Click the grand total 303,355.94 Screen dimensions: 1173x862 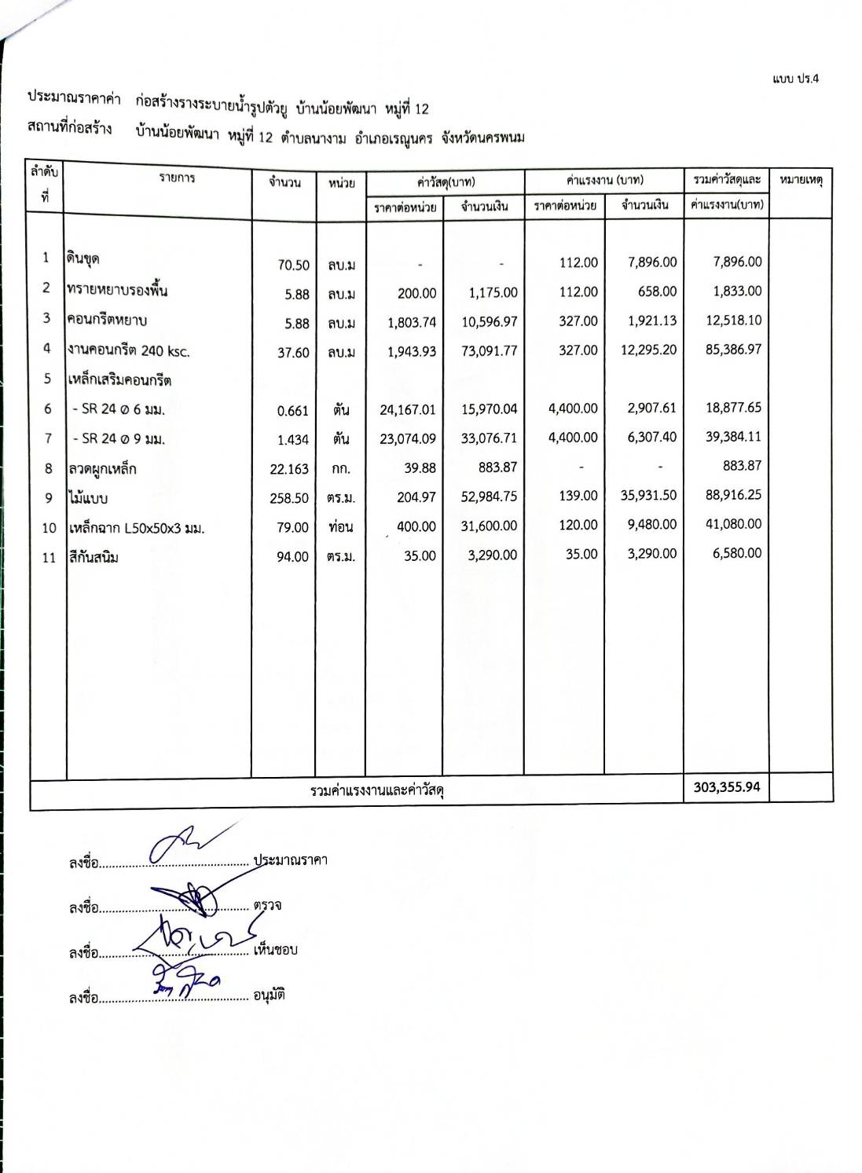727,786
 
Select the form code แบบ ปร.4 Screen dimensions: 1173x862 795,79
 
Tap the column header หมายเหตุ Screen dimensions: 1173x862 801,181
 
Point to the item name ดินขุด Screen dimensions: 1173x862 83,258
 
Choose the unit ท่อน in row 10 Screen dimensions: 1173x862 340,527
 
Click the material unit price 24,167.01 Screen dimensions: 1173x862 407,409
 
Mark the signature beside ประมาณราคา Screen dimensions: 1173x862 189,845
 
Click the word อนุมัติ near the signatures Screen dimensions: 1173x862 269,995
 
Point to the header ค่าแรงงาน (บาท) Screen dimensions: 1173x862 604,181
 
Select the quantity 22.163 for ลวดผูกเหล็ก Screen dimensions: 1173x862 289,469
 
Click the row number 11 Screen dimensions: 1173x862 49,558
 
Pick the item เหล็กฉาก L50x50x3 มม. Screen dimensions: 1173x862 136,529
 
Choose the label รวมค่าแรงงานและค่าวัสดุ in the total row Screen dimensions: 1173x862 377,790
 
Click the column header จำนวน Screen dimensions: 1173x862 284,182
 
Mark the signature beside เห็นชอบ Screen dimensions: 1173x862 196,935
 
